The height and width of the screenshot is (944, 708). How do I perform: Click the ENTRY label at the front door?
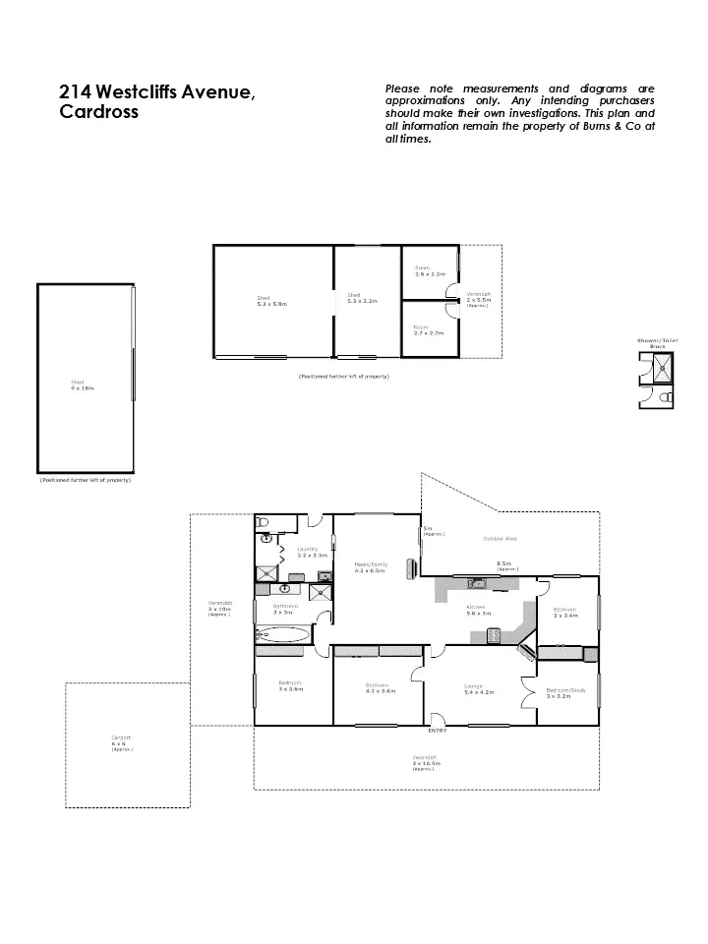coord(438,731)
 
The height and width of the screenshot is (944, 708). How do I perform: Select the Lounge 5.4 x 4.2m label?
coord(479,689)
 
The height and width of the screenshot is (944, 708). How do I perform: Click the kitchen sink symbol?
coord(478,584)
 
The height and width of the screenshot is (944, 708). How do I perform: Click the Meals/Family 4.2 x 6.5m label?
coord(370,567)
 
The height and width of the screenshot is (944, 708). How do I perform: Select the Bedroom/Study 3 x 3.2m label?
coord(565,692)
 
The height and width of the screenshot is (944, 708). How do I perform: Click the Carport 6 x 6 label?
coord(122,744)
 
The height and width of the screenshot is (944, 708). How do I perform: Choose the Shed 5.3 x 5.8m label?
coord(272,301)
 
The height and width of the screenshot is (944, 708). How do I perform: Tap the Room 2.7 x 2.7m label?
coord(428,330)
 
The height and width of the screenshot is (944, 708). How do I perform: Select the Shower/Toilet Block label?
coord(657,343)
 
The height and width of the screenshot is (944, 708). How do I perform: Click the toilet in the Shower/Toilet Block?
coord(666,396)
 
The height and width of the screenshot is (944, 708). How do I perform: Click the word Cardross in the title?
coord(99,112)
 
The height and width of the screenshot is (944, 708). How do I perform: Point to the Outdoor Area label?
coord(501,538)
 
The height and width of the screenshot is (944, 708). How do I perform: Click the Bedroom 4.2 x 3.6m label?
coord(380,687)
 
